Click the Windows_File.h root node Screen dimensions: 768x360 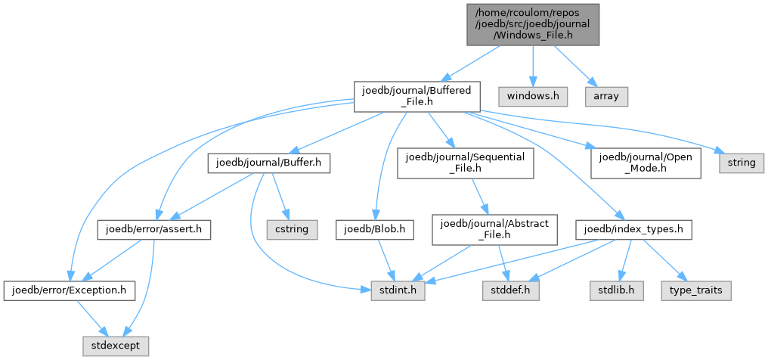click(533, 24)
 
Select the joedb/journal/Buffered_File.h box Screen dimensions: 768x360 click(417, 97)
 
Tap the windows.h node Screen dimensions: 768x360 click(533, 97)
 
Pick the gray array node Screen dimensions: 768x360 click(606, 97)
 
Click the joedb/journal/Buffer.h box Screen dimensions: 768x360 click(269, 163)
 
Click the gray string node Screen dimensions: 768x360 click(742, 163)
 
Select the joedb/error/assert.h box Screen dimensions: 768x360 click(154, 229)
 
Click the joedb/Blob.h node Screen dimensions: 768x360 click(375, 229)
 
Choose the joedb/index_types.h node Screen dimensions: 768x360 click(633, 229)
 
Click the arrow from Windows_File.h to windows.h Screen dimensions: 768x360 click(533, 66)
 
